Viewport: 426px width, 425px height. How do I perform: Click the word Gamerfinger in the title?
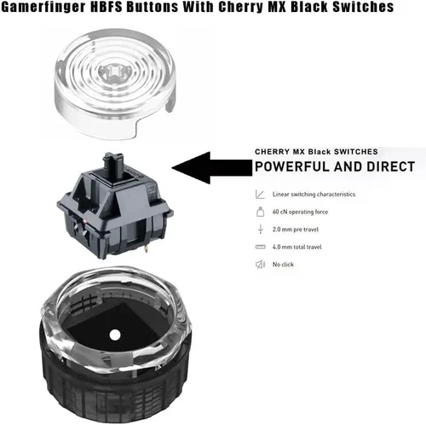click(43, 7)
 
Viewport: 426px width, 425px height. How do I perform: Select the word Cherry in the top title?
click(240, 7)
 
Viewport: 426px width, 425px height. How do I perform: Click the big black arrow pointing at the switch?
click(212, 167)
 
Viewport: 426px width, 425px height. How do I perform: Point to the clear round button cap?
click(115, 84)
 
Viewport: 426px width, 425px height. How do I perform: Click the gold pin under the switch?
click(146, 249)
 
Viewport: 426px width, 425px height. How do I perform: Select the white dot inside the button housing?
click(115, 335)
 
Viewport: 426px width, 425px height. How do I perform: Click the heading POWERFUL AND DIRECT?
click(335, 166)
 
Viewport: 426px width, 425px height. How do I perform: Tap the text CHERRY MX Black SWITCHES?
click(316, 152)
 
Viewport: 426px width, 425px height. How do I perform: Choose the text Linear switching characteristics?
click(314, 195)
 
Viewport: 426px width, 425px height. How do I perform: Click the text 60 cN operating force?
click(300, 212)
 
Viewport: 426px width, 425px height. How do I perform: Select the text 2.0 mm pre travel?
click(296, 230)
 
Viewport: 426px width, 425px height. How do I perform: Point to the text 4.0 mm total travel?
click(297, 247)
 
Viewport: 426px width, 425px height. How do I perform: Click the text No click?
click(283, 265)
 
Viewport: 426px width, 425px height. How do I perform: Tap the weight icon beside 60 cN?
click(261, 212)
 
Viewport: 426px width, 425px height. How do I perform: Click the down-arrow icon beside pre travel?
click(261, 230)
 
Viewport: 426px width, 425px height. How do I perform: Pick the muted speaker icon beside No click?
click(261, 265)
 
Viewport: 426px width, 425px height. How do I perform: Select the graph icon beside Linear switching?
click(260, 195)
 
